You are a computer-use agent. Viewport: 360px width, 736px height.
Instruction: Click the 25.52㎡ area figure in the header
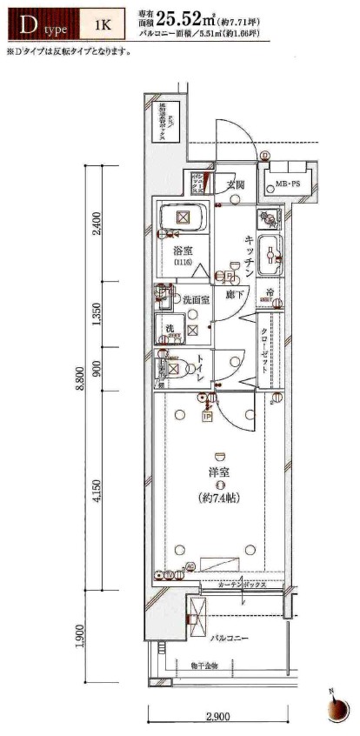pyautogui.click(x=210, y=19)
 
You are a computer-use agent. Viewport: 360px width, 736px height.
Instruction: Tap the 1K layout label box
pyautogui.click(x=102, y=25)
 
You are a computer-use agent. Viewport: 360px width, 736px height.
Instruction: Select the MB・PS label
pyautogui.click(x=283, y=184)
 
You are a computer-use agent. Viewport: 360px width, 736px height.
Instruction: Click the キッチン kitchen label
pyautogui.click(x=248, y=257)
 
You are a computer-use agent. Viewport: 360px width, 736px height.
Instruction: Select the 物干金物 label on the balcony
pyautogui.click(x=205, y=666)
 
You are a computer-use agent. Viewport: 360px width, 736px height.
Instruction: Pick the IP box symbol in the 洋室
pyautogui.click(x=207, y=416)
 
